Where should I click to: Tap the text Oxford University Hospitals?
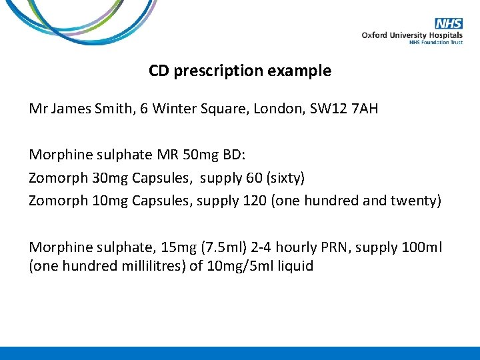coord(412,35)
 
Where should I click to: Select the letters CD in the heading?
coord(159,71)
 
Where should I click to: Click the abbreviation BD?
coord(235,155)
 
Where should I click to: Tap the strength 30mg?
coord(111,178)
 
